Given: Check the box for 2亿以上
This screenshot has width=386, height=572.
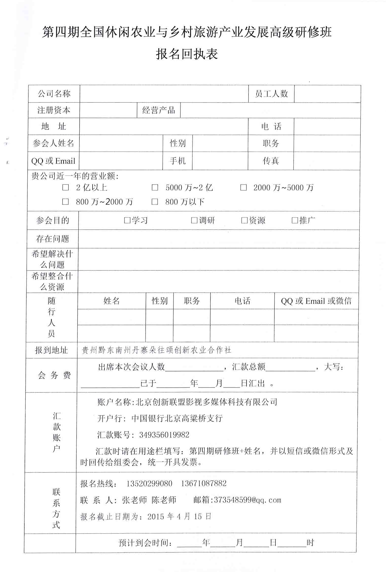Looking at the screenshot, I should (x=65, y=188).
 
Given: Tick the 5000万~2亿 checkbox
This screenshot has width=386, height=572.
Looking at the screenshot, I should (x=155, y=188).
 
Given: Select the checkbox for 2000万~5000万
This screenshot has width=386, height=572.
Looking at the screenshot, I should (x=243, y=188).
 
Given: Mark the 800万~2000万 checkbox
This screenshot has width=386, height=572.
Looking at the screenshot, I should (x=65, y=202).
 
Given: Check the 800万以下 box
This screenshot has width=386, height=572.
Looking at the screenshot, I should (x=155, y=202).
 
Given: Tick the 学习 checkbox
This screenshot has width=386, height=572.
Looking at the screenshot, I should (x=127, y=220).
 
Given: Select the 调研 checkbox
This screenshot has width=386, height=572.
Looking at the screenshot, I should (x=194, y=220).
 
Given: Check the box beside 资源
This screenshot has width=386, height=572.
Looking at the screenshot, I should (x=244, y=220).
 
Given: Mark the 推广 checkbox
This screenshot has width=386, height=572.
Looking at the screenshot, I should (x=295, y=220).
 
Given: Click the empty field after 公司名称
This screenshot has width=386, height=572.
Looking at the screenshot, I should (x=164, y=94).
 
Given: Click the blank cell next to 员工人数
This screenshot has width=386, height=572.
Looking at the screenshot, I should (x=327, y=94).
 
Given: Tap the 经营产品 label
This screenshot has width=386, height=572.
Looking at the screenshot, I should (x=159, y=110).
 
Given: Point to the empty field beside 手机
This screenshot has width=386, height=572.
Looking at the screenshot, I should (x=220, y=161).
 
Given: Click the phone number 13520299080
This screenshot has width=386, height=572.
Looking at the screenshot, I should (x=149, y=483).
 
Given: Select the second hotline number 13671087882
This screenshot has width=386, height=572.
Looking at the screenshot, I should (x=204, y=483).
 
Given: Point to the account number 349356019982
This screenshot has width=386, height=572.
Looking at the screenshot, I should (x=164, y=435).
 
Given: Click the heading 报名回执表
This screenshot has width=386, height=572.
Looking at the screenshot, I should (x=187, y=54).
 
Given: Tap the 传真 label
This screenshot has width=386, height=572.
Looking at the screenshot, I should (x=271, y=161).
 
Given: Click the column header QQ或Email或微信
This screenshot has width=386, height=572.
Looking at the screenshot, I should (x=316, y=301).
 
